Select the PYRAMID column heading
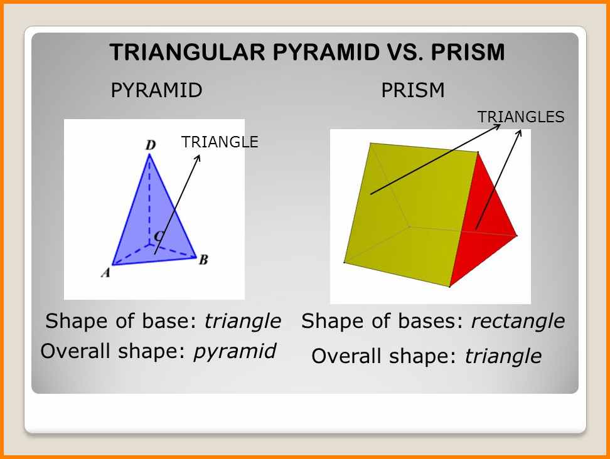[x=156, y=90]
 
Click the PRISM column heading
[x=413, y=90]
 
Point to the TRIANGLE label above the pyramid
[x=220, y=142]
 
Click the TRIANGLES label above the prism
[x=521, y=117]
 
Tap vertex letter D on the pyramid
[x=151, y=145]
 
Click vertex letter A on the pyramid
[x=106, y=272]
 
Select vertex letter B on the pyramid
[x=203, y=260]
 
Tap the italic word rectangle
[x=518, y=322]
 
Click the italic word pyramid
[x=235, y=351]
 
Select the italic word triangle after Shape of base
[x=242, y=322]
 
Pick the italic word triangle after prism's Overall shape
[x=503, y=357]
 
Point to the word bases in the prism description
[x=430, y=322]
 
